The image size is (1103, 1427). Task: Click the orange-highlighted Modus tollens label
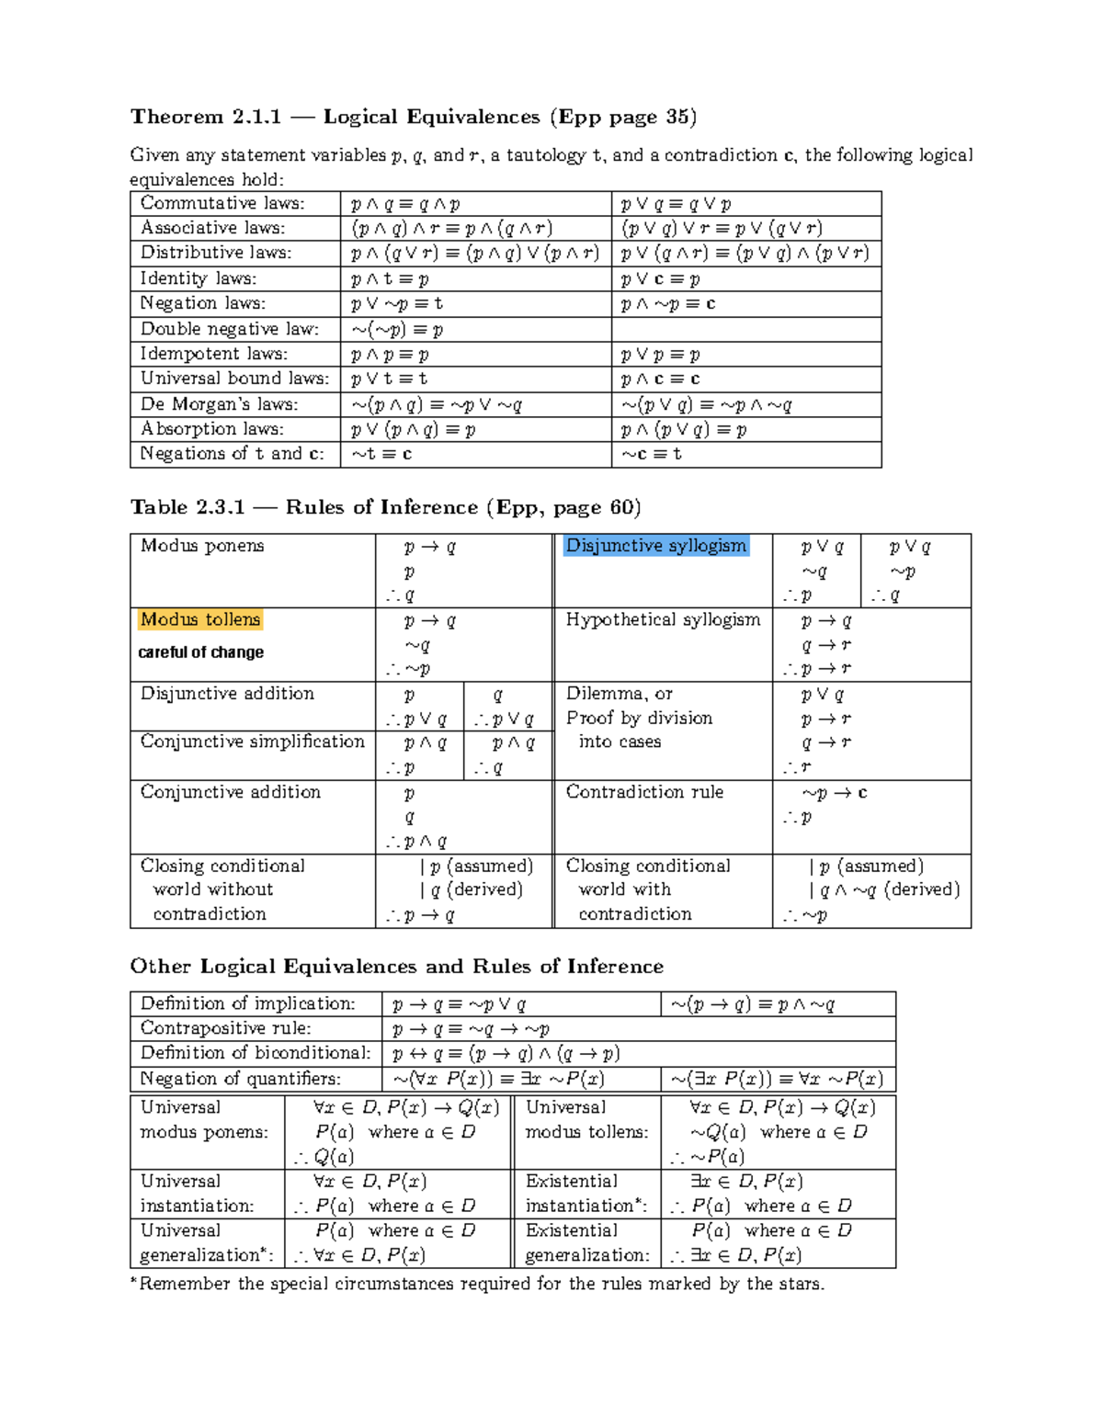pyautogui.click(x=200, y=620)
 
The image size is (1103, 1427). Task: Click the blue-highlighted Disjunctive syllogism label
pyautogui.click(x=655, y=546)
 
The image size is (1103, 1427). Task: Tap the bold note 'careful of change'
pyautogui.click(x=200, y=652)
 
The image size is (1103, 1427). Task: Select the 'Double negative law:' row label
pyautogui.click(x=229, y=329)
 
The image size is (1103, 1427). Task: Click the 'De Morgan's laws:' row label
pyautogui.click(x=219, y=404)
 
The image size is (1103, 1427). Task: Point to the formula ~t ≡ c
pyautogui.click(x=381, y=454)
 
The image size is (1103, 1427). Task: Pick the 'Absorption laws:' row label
pyautogui.click(x=212, y=429)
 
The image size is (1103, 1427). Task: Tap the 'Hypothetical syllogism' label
pyautogui.click(x=663, y=620)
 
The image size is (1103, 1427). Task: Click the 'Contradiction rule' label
pyautogui.click(x=644, y=792)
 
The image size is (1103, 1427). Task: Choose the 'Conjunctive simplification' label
pyautogui.click(x=252, y=742)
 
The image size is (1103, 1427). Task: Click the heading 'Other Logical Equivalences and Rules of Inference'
pyautogui.click(x=396, y=966)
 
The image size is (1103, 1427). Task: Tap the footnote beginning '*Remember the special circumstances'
pyautogui.click(x=477, y=1284)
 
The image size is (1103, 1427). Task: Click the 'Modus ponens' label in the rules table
pyautogui.click(x=202, y=546)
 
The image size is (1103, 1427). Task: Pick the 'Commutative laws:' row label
pyautogui.click(x=222, y=203)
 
